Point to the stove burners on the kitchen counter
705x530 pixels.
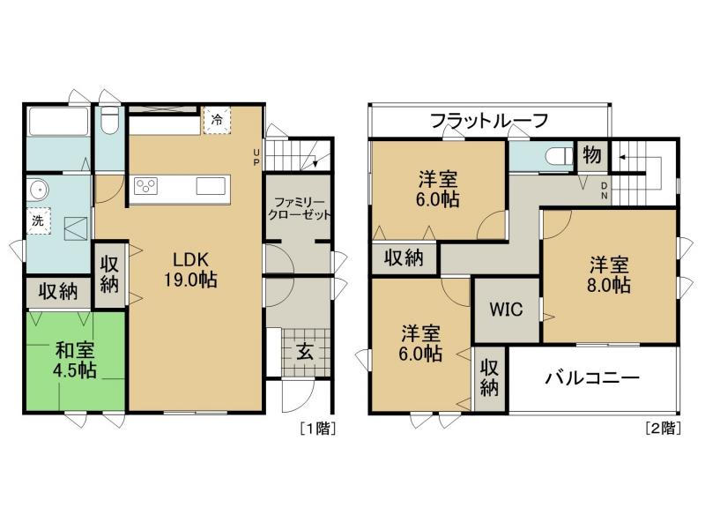[x=145, y=185]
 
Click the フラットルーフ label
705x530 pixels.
[x=490, y=120]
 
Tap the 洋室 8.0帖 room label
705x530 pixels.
[x=610, y=274]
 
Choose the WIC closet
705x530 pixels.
[x=507, y=310]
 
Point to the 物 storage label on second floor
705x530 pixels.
[x=591, y=156]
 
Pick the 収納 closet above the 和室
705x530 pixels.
[x=57, y=291]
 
